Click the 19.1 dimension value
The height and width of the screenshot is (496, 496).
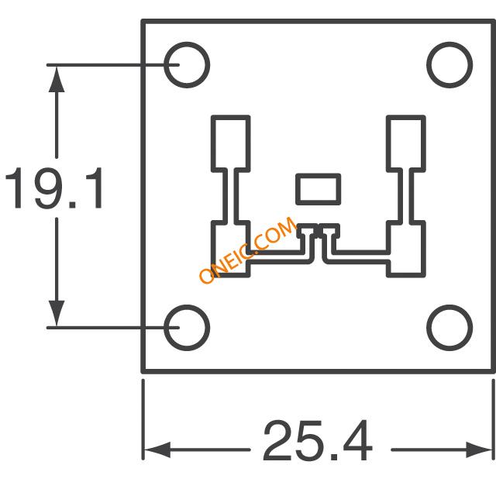click(x=54, y=188)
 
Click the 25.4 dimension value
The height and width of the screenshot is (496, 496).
click(x=318, y=440)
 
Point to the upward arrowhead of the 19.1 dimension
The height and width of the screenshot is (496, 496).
click(x=57, y=79)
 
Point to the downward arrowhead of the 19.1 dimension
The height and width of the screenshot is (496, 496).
click(x=57, y=313)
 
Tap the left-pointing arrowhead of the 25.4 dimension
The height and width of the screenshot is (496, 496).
click(x=157, y=449)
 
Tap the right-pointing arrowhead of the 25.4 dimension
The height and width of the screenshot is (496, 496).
click(x=479, y=449)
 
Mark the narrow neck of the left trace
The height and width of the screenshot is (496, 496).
click(x=231, y=196)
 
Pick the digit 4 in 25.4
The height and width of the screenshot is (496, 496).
click(x=357, y=441)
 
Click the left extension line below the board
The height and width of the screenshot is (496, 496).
click(x=143, y=419)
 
